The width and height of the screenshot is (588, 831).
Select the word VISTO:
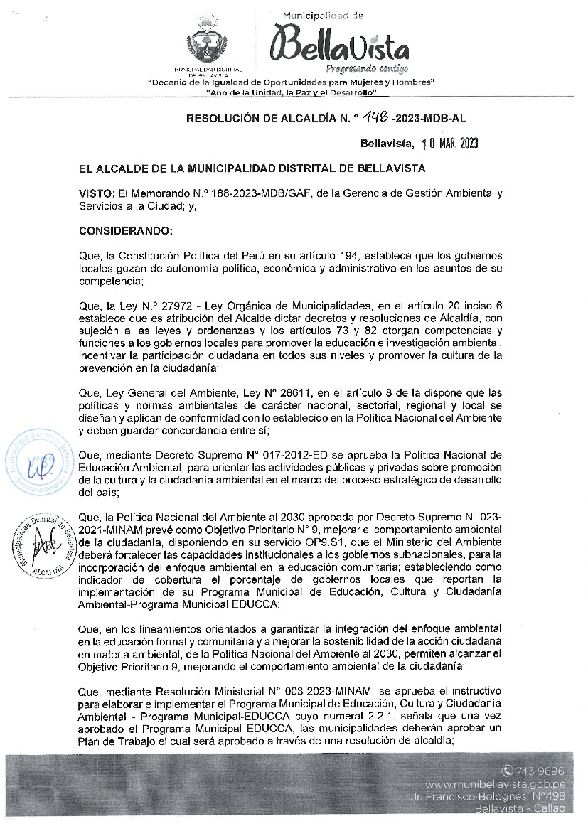(x=97, y=193)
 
